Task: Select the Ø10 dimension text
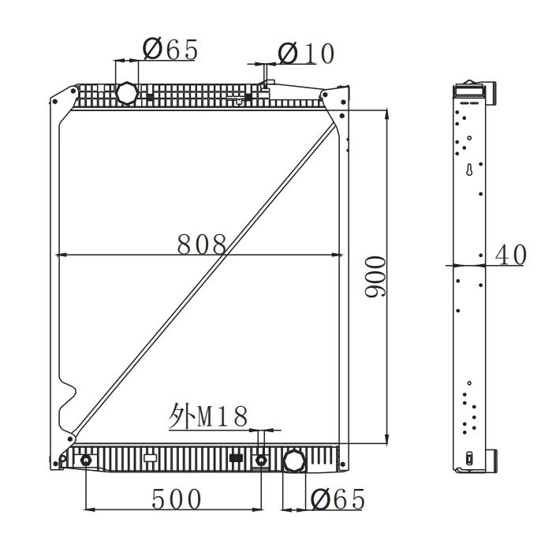tap(306, 54)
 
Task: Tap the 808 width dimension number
tap(201, 244)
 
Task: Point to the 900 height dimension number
tap(376, 276)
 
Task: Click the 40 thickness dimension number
tap(509, 255)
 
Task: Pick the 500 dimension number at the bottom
tap(176, 499)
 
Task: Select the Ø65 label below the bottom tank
tap(338, 499)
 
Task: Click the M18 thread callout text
tap(209, 416)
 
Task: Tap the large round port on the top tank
tap(127, 93)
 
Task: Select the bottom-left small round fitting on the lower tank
tap(85, 460)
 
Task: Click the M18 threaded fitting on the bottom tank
tap(261, 459)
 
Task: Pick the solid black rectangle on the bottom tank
tap(235, 457)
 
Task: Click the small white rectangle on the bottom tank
tap(151, 456)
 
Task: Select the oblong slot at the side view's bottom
tap(470, 458)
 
